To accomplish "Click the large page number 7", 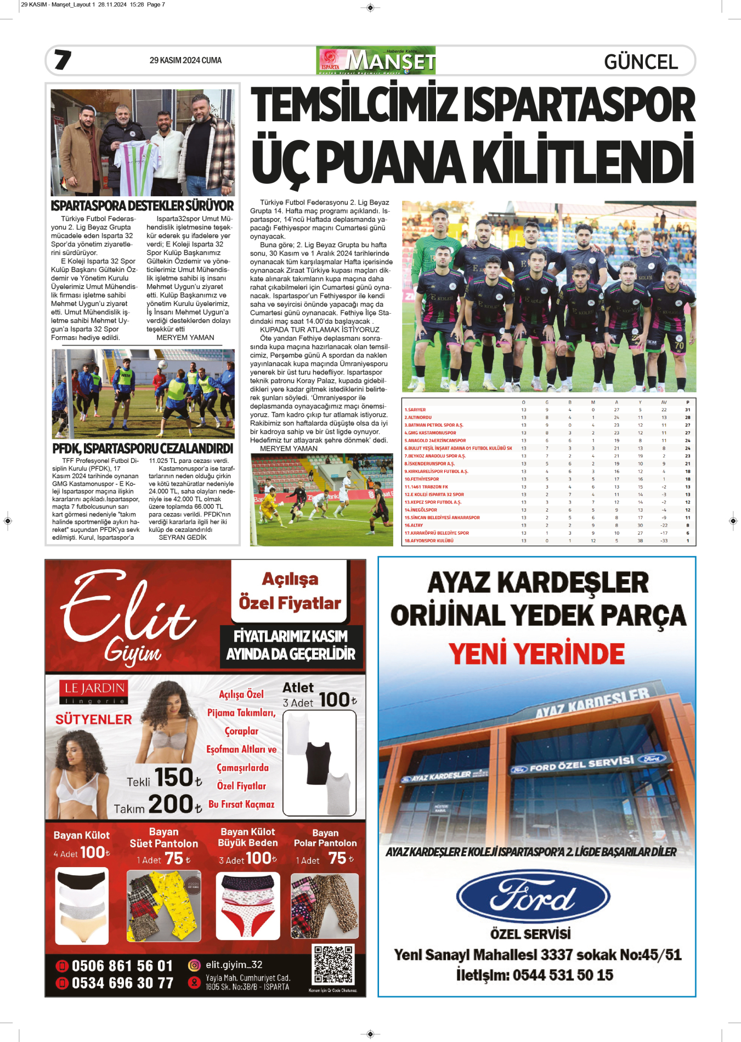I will point(63,60).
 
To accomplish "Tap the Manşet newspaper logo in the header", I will point(376,60).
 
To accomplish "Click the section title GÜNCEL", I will point(641,61).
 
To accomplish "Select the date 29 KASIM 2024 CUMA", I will point(185,60).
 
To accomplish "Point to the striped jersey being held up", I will point(137,165).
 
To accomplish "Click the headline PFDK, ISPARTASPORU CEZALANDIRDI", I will point(143,449).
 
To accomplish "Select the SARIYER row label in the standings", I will point(415,410).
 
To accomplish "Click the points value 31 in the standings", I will point(687,410).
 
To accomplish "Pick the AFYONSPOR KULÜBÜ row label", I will point(429,541).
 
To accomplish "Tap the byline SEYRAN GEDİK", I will point(183,537).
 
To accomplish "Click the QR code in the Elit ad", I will point(333,964).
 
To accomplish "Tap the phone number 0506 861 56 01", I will point(122,966).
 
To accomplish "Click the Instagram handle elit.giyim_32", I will point(234,965).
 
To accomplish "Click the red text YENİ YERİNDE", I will point(536,654).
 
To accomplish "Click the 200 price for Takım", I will point(171,805).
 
